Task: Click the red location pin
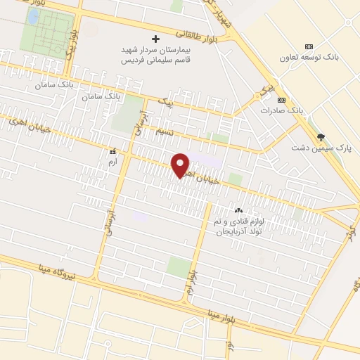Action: [181, 165]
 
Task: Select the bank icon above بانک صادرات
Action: [281, 99]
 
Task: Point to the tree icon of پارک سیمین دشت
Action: [321, 137]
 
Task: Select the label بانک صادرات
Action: [281, 111]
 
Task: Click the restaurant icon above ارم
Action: [112, 150]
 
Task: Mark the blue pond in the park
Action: [32, 15]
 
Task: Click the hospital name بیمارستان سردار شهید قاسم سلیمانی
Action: [157, 56]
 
